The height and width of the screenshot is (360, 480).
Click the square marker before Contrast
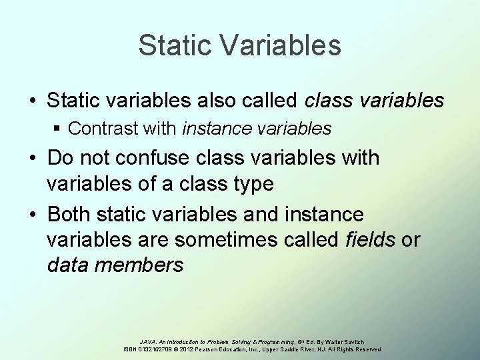tap(57, 129)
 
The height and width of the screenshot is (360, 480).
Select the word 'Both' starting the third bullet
tap(70, 215)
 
